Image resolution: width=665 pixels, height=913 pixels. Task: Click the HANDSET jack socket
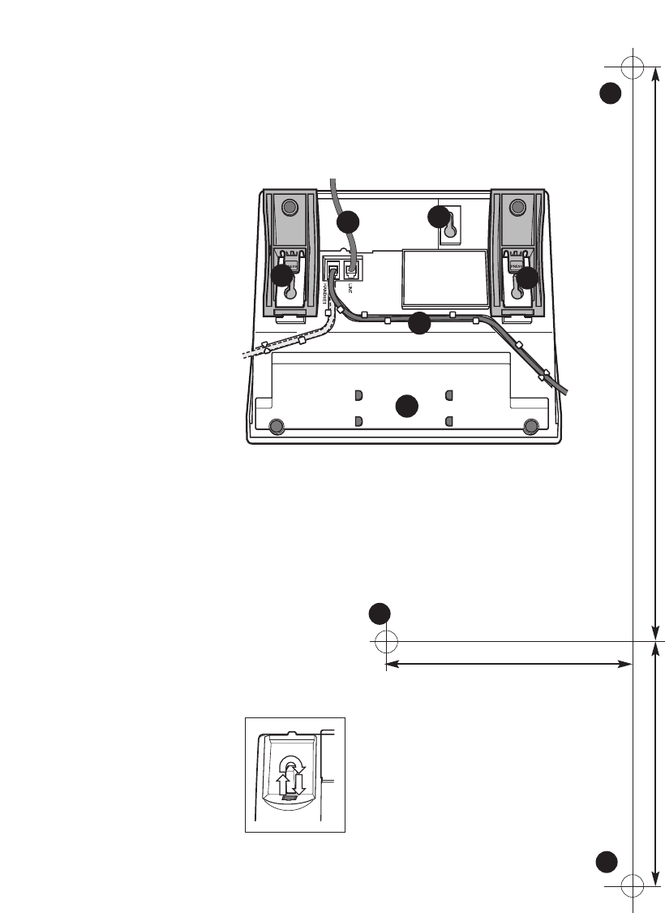pos(332,269)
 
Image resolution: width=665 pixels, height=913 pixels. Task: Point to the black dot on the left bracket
pos(281,276)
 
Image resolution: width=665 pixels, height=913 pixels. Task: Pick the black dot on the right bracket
pos(528,278)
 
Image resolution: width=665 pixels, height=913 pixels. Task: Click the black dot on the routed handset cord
pos(418,324)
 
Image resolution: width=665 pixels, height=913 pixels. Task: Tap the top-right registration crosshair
pos(633,68)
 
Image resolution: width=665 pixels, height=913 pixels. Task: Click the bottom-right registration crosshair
pos(633,887)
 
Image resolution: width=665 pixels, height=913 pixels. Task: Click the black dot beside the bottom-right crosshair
pos(604,862)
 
